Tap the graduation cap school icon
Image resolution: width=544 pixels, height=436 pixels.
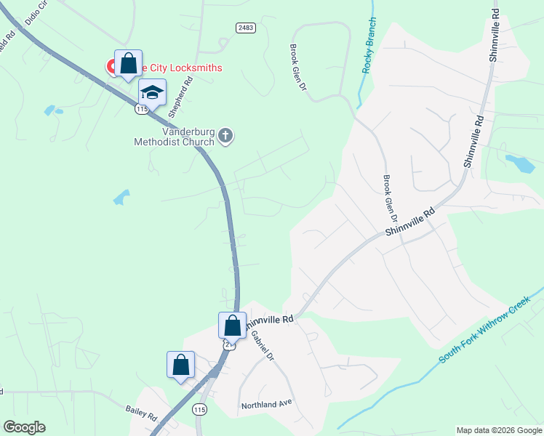152,92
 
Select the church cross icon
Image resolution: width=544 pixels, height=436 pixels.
225,135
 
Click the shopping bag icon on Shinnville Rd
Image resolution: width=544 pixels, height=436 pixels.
232,324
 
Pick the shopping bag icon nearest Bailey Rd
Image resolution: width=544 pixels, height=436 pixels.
180,364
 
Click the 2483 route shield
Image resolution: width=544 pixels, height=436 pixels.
245,27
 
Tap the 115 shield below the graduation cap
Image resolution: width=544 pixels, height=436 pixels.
141,109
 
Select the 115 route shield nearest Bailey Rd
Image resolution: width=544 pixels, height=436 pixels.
200,410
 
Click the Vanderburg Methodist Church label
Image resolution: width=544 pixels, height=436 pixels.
174,137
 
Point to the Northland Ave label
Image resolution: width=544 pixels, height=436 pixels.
266,402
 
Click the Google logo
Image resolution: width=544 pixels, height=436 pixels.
24,427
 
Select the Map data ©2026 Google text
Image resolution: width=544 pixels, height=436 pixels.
498,430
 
